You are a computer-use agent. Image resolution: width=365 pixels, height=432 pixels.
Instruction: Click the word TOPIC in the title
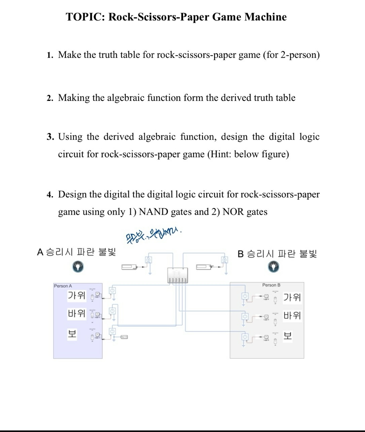[x=85, y=17]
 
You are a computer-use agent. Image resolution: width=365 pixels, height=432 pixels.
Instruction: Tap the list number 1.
[x=50, y=55]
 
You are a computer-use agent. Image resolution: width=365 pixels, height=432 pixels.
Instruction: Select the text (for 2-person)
[x=291, y=55]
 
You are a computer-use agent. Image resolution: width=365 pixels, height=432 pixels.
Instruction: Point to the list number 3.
[x=50, y=137]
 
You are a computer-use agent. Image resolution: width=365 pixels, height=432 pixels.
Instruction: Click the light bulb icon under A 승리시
[x=78, y=267]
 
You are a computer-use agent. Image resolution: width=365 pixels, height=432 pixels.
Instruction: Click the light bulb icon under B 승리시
[x=274, y=267]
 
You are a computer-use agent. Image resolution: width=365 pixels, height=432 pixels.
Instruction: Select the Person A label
[x=63, y=286]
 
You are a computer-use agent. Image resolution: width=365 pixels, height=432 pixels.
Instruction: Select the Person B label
[x=271, y=285]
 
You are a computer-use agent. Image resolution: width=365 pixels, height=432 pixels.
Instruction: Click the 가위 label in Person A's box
[x=77, y=295]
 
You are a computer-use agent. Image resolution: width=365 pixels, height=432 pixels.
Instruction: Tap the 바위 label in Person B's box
[x=292, y=316]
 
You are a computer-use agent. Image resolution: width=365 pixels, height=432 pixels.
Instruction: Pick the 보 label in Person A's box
[x=72, y=334]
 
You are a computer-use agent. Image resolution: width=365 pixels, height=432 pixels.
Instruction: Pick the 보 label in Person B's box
[x=288, y=336]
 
